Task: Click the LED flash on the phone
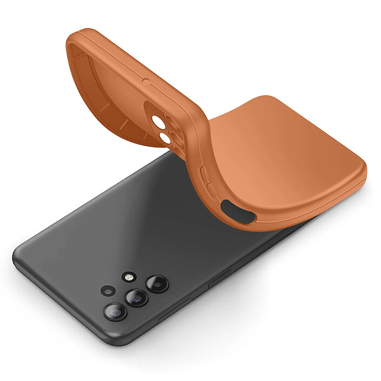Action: [129, 277]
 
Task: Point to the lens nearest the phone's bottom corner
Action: [115, 311]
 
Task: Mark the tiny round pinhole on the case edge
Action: [145, 82]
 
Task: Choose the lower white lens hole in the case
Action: [164, 140]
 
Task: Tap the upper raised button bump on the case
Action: [204, 174]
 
